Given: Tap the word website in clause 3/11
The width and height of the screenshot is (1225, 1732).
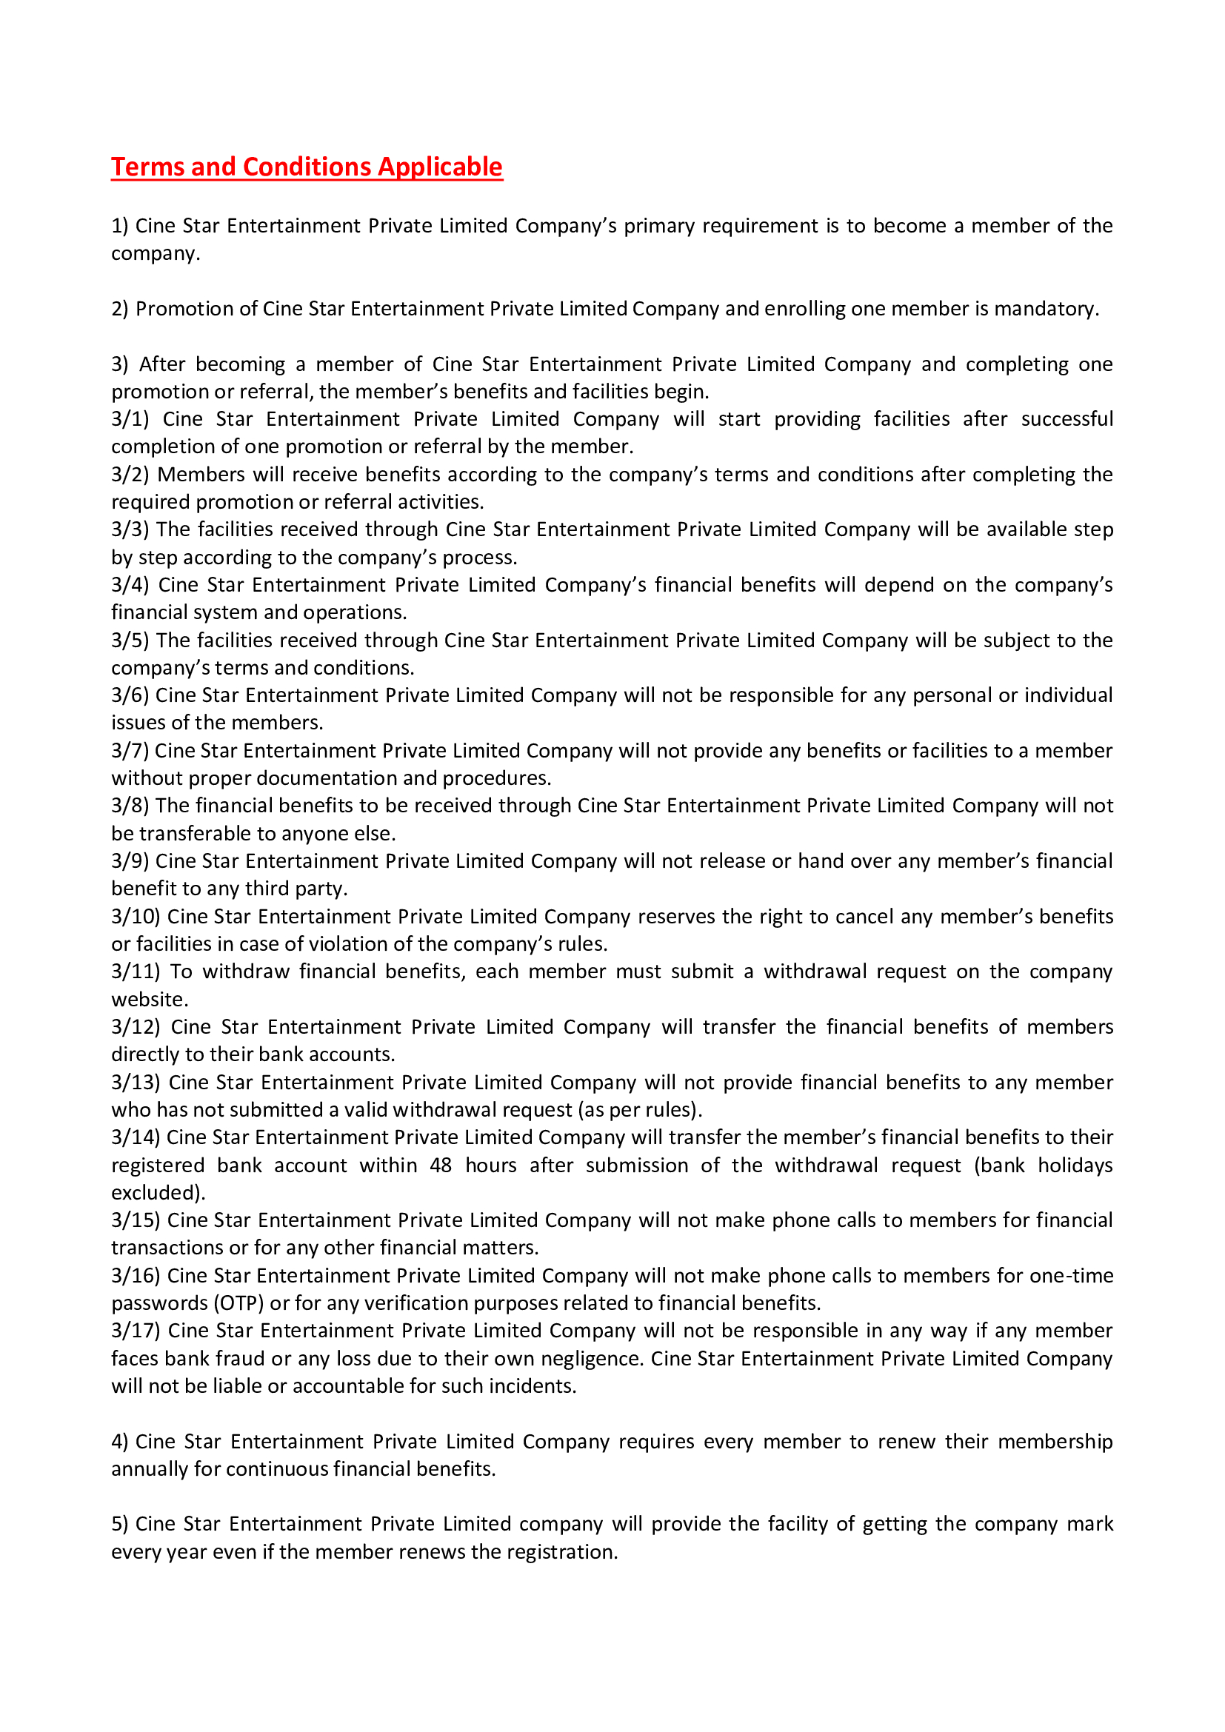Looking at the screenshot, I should pyautogui.click(x=149, y=1000).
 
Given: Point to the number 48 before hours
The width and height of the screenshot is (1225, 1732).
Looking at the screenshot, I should pyautogui.click(x=441, y=1166).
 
